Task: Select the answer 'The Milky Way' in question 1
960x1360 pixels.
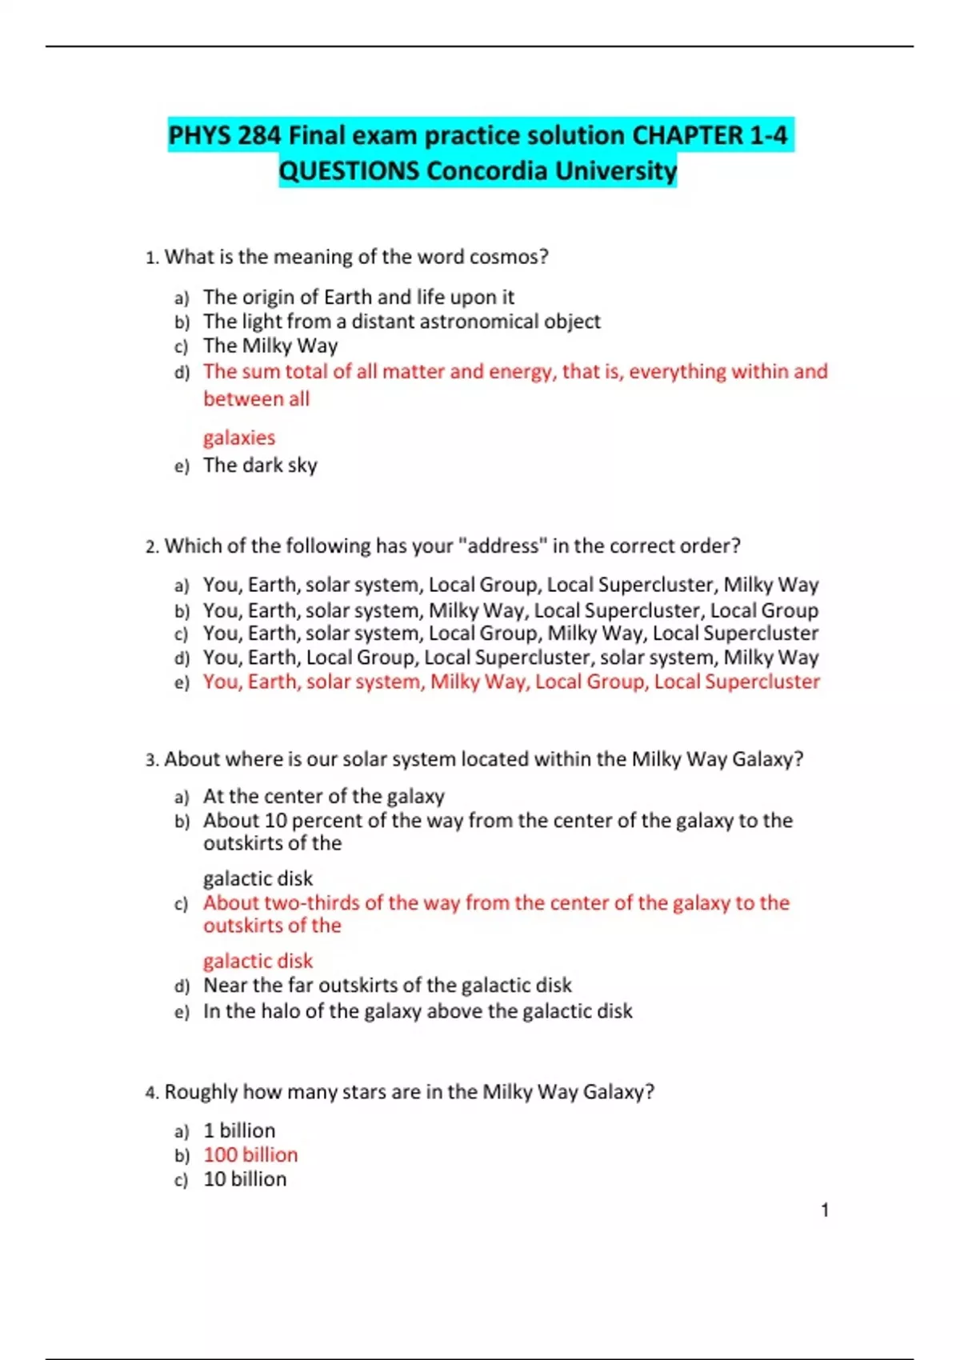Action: (270, 346)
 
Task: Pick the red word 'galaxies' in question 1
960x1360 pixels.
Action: (238, 438)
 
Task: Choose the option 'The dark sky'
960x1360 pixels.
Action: (260, 465)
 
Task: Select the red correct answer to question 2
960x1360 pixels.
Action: (511, 682)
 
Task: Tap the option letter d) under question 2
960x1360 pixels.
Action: (182, 658)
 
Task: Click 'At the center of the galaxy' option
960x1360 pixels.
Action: (323, 796)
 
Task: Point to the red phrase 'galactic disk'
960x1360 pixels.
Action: (258, 961)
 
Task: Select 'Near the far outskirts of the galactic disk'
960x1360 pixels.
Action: (387, 985)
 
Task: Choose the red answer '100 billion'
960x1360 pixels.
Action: (250, 1154)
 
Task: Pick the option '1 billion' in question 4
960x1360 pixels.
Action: (239, 1130)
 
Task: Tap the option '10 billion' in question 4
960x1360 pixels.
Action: (245, 1178)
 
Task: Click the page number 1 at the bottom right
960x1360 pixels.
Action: (825, 1210)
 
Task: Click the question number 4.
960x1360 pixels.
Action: (151, 1093)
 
